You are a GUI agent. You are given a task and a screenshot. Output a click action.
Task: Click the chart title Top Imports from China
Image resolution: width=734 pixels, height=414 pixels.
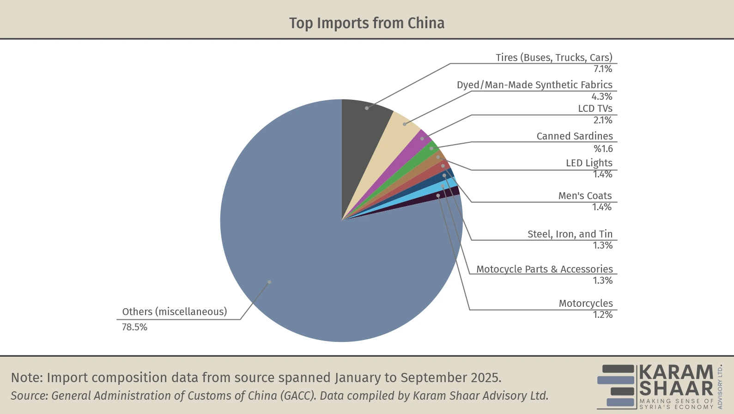[367, 23]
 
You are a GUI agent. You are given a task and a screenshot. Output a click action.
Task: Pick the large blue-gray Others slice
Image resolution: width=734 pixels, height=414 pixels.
[296, 259]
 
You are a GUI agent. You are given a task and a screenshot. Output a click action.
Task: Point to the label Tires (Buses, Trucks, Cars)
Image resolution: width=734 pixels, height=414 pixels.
[554, 58]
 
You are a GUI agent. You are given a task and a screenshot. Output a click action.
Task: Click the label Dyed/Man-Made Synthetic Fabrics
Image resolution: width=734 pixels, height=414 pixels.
[534, 85]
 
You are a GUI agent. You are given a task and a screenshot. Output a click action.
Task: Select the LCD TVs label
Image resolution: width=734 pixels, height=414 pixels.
[595, 109]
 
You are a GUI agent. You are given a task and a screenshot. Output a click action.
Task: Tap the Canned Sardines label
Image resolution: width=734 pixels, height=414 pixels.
[574, 136]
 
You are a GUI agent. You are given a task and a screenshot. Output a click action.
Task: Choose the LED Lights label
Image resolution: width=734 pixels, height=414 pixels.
[589, 163]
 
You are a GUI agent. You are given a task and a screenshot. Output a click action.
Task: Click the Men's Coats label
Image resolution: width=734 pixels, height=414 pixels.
[585, 196]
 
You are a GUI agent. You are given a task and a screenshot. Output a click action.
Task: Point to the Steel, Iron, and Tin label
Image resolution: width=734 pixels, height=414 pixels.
[570, 234]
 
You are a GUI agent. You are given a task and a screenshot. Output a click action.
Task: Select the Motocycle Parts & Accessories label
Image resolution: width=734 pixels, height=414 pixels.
[544, 269]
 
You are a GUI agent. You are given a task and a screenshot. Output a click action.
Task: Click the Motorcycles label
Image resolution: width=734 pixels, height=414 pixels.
[586, 304]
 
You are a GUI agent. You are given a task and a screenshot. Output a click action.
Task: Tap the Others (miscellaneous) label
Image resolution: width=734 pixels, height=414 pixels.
[175, 312]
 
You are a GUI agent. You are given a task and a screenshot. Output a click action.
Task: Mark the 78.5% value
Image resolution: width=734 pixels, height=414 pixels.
[134, 327]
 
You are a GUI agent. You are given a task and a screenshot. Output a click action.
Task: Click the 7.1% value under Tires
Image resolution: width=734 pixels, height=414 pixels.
[603, 69]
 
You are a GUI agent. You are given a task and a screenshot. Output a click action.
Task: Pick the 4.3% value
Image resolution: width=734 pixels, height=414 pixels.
[602, 97]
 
